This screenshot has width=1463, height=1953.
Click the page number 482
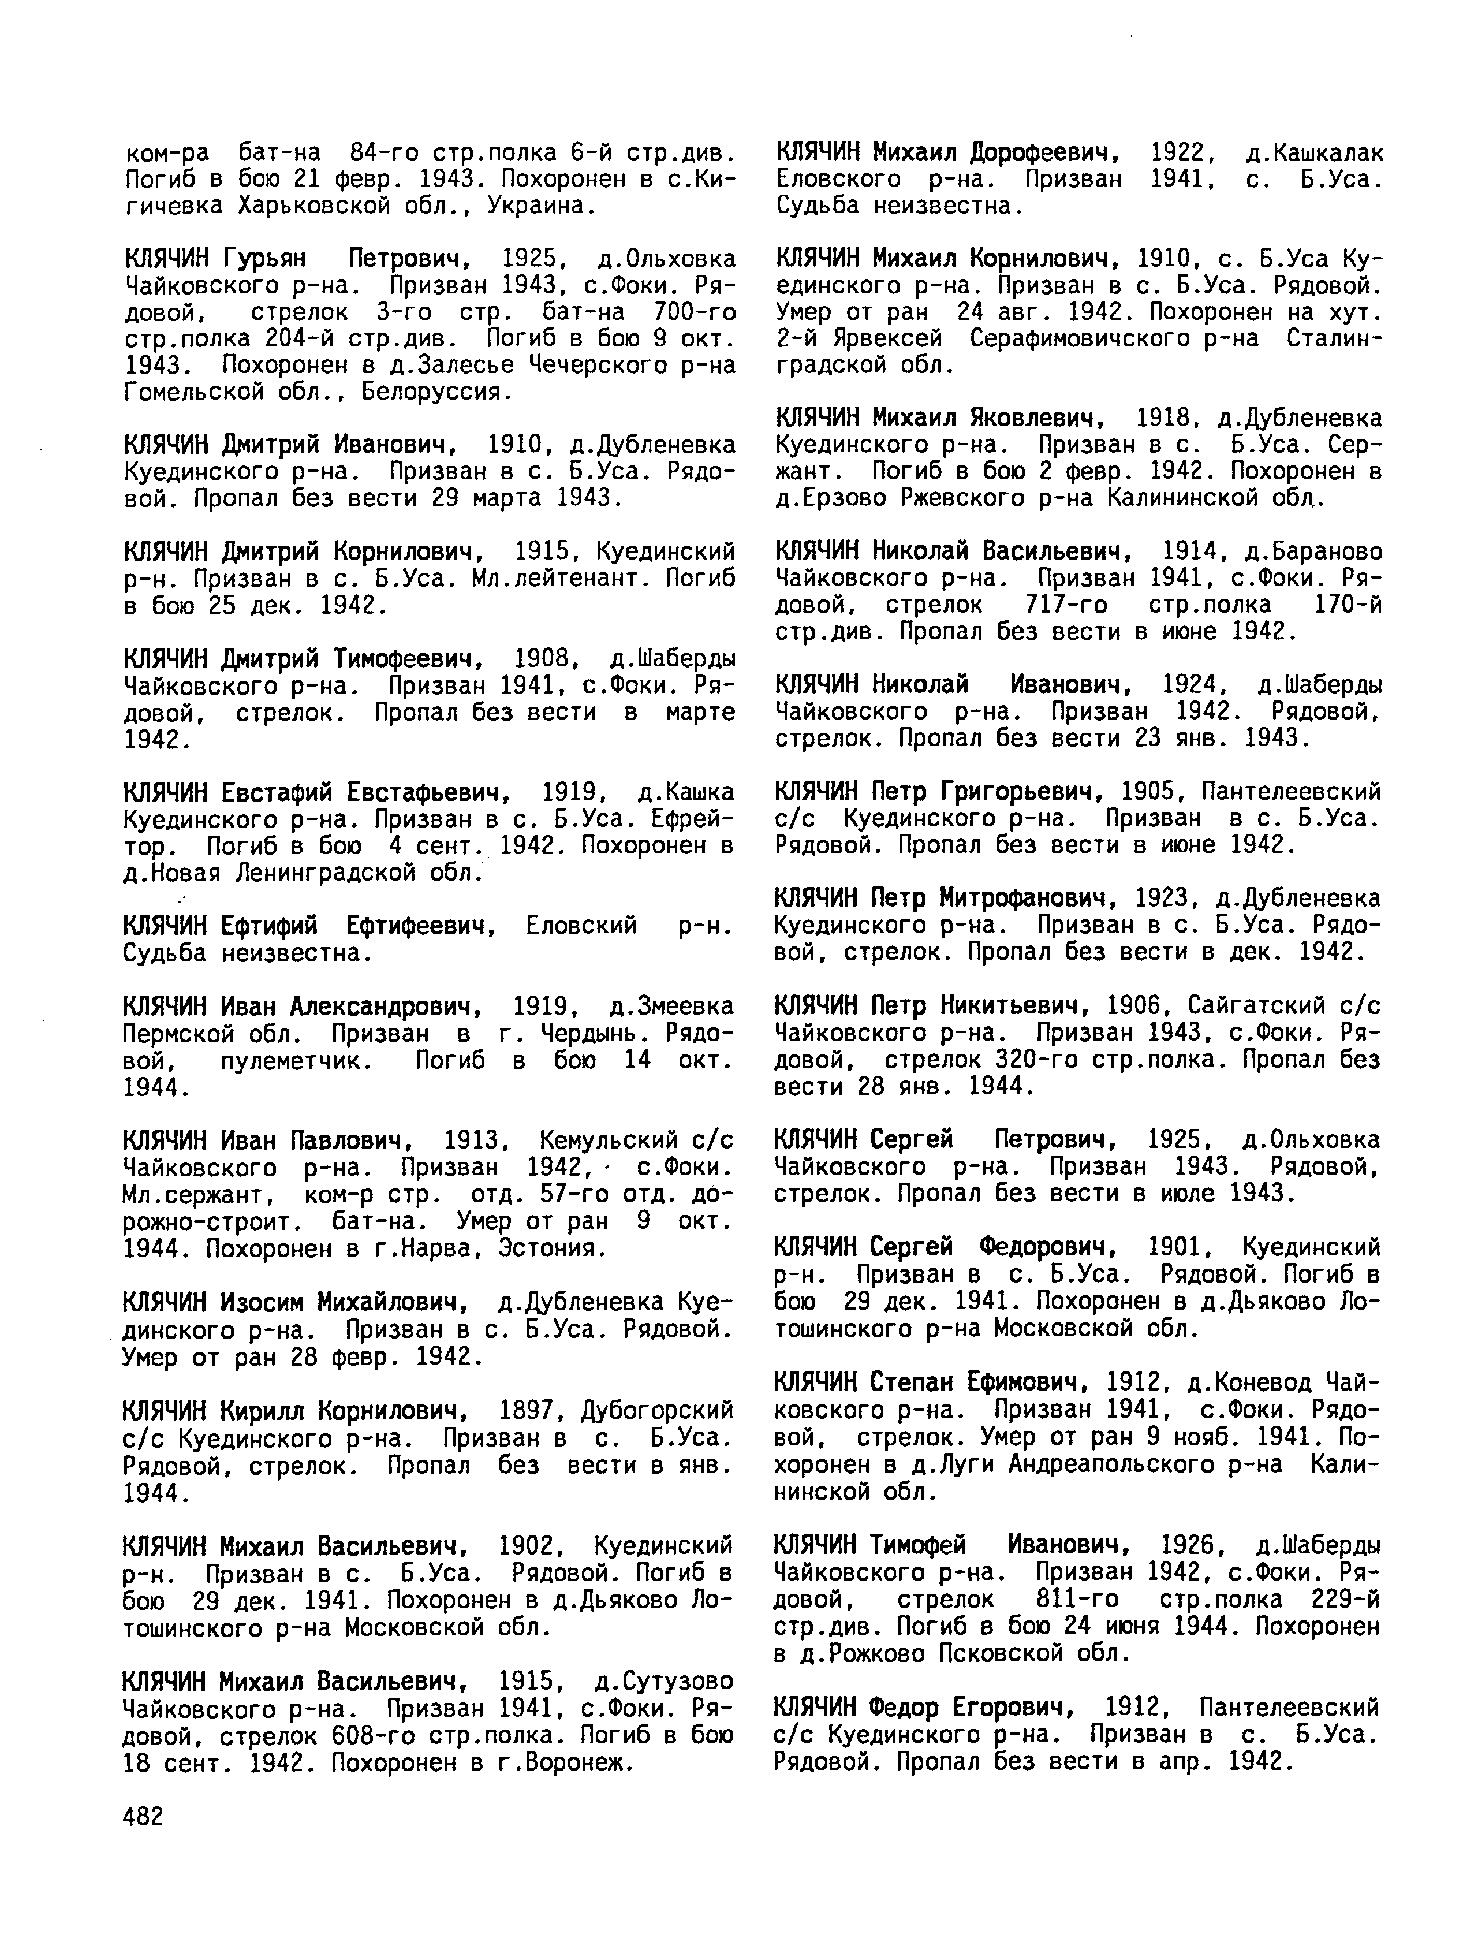[x=143, y=1816]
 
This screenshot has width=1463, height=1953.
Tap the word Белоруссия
[x=438, y=391]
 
